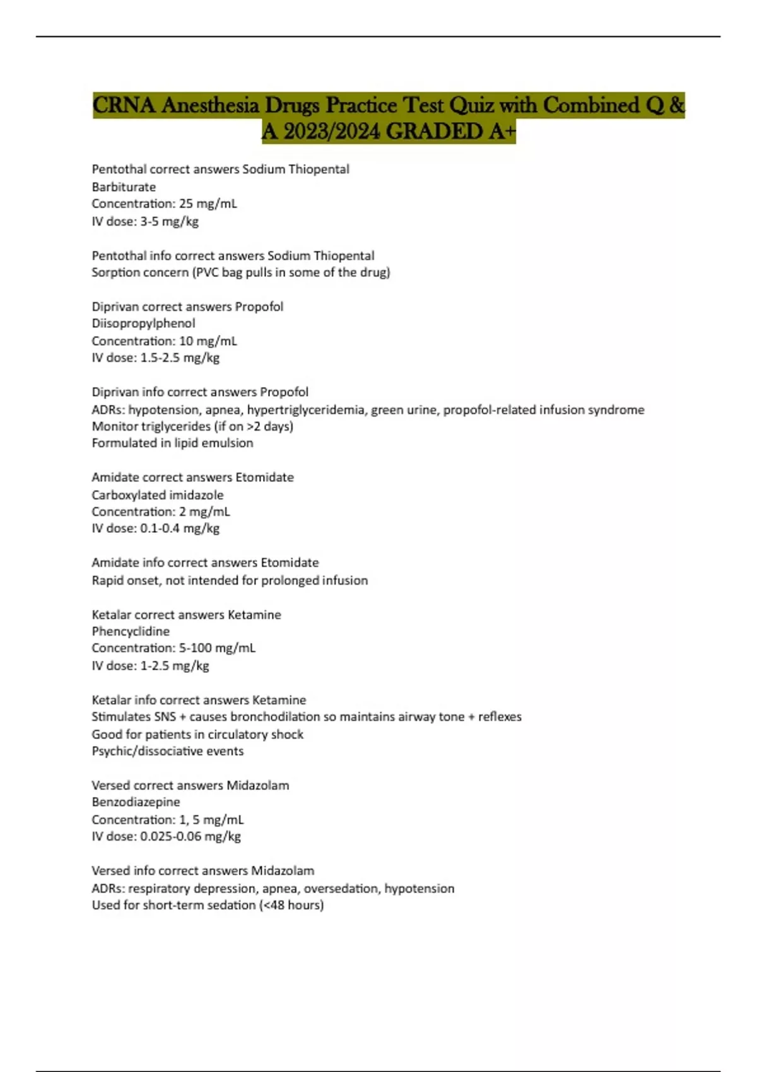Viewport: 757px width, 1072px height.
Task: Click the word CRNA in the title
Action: (124, 105)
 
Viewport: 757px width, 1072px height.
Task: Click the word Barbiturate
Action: (124, 187)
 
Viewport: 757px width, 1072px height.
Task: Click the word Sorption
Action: (115, 272)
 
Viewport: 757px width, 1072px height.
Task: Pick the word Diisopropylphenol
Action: (143, 323)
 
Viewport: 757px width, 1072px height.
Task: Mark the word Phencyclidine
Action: (131, 631)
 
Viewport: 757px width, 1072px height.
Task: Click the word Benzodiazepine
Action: (136, 802)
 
